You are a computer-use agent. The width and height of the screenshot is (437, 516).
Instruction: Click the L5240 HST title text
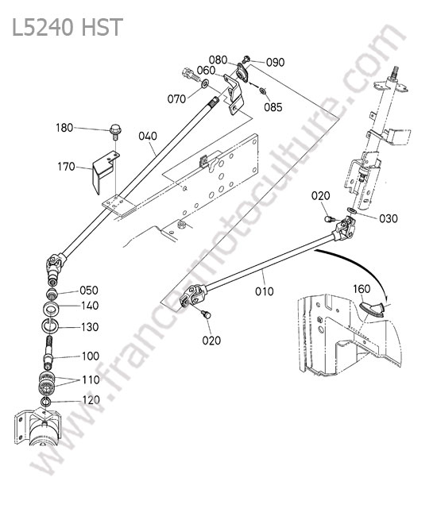[x=68, y=27]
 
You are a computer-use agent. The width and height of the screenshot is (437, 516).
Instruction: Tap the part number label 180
[x=64, y=128]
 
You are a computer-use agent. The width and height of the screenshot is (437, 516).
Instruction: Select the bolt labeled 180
[x=115, y=132]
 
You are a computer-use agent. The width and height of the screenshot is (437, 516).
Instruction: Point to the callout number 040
[x=148, y=137]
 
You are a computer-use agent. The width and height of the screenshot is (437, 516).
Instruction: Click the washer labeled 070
[x=204, y=85]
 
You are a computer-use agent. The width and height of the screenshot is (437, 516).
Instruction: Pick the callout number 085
[x=273, y=107]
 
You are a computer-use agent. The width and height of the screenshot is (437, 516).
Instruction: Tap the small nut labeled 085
[x=263, y=90]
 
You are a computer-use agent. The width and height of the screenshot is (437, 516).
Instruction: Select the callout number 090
[x=275, y=62]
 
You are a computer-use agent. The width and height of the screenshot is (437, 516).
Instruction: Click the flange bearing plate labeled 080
[x=243, y=73]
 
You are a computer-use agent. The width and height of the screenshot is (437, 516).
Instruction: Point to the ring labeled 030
[x=351, y=210]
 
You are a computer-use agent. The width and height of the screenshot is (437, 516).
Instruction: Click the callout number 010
[x=264, y=291]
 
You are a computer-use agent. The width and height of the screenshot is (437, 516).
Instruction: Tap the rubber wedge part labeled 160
[x=372, y=309]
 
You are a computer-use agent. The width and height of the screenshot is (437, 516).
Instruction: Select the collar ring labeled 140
[x=52, y=308]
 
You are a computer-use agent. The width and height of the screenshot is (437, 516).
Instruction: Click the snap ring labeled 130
[x=50, y=325]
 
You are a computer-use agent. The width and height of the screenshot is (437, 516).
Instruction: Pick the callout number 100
[x=91, y=356]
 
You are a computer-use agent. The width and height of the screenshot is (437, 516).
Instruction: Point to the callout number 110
[x=91, y=379]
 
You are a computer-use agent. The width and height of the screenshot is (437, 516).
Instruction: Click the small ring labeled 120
[x=45, y=402]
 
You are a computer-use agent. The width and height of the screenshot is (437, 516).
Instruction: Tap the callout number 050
[x=89, y=291]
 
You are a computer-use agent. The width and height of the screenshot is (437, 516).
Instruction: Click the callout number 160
[x=362, y=289]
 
